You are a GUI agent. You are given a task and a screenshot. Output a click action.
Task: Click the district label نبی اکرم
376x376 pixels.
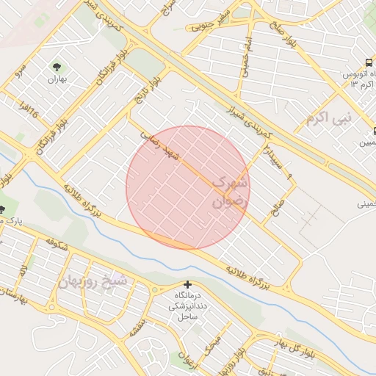pos(329,116)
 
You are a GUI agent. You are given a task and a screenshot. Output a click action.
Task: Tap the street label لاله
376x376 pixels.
pos(23,272)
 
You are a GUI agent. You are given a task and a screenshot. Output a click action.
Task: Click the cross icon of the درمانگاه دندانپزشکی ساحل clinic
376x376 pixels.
pos(188,284)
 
